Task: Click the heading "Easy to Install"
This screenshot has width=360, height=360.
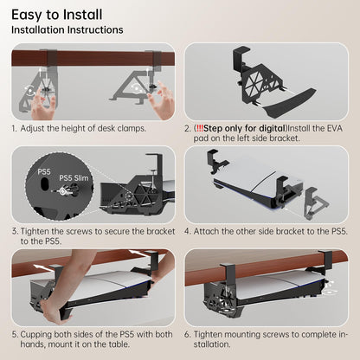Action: click(56, 15)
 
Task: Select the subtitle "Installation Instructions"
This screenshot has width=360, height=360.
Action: click(67, 30)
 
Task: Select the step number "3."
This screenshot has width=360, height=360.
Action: click(16, 231)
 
